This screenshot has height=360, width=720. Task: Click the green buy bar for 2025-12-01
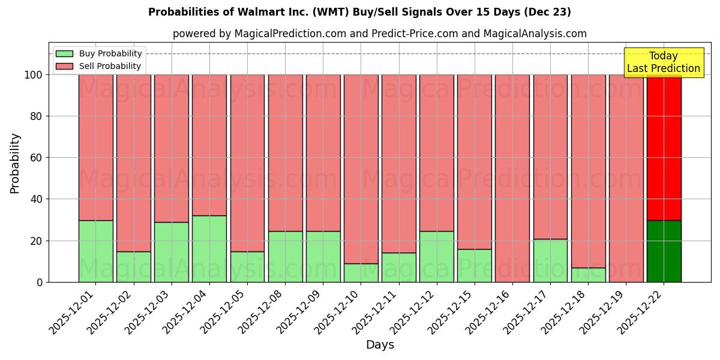95,251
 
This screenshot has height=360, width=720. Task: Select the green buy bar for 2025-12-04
209,248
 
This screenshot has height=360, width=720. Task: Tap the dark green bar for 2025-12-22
664,251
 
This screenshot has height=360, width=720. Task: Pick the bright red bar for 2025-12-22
664,147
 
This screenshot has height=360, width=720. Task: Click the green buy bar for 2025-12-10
361,272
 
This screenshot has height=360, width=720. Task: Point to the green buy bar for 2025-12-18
588,275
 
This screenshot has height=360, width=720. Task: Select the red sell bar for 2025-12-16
512,178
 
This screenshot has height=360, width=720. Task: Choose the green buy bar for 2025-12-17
550,260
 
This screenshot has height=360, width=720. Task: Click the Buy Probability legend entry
98,53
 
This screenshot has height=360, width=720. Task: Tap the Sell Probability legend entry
98,66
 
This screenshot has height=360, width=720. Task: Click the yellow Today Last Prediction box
664,62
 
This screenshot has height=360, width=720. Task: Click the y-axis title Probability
15,163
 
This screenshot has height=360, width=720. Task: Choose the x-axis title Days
380,345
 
